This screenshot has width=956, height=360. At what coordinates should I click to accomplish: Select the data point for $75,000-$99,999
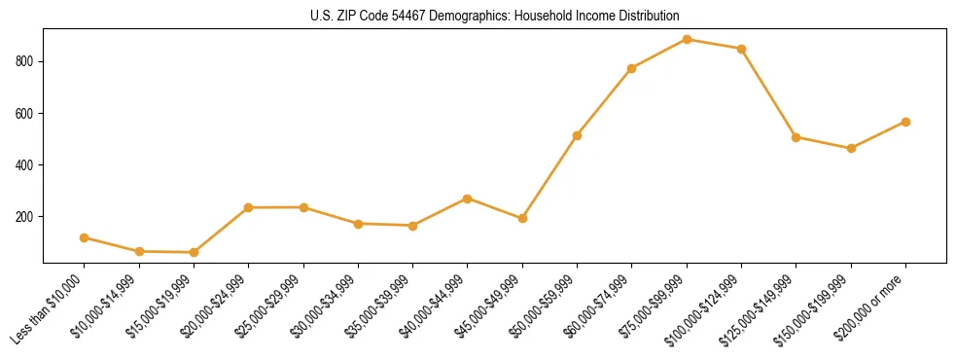tap(687, 40)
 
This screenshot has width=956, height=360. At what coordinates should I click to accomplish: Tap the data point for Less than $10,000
tap(85, 237)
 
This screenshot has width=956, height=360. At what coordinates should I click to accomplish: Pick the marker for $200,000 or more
tap(905, 122)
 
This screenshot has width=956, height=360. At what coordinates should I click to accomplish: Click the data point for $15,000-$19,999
tap(194, 252)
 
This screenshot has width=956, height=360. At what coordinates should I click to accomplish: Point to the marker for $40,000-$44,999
tap(468, 198)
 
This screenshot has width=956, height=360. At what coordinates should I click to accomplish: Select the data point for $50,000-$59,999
tap(577, 135)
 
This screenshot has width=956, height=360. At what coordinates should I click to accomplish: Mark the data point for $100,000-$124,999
tap(741, 49)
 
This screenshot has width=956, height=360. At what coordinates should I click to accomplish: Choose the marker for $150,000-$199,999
tap(851, 148)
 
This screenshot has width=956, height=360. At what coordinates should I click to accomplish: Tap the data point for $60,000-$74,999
tap(632, 68)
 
